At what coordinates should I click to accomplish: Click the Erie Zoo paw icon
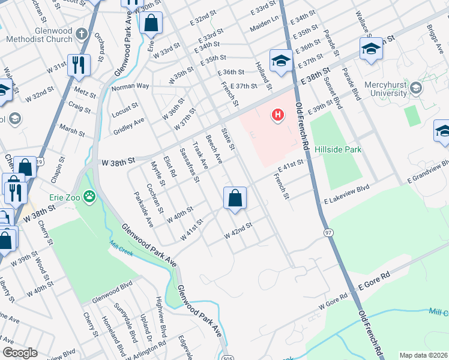coord(89,195)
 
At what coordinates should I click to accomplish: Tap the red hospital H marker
coord(277,114)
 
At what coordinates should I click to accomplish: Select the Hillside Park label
coord(337,149)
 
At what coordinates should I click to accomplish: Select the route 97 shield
coord(328,232)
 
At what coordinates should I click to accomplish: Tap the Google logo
coord(20,353)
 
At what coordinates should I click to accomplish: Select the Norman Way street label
coord(130,86)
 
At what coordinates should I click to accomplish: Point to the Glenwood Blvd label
coord(112,296)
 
